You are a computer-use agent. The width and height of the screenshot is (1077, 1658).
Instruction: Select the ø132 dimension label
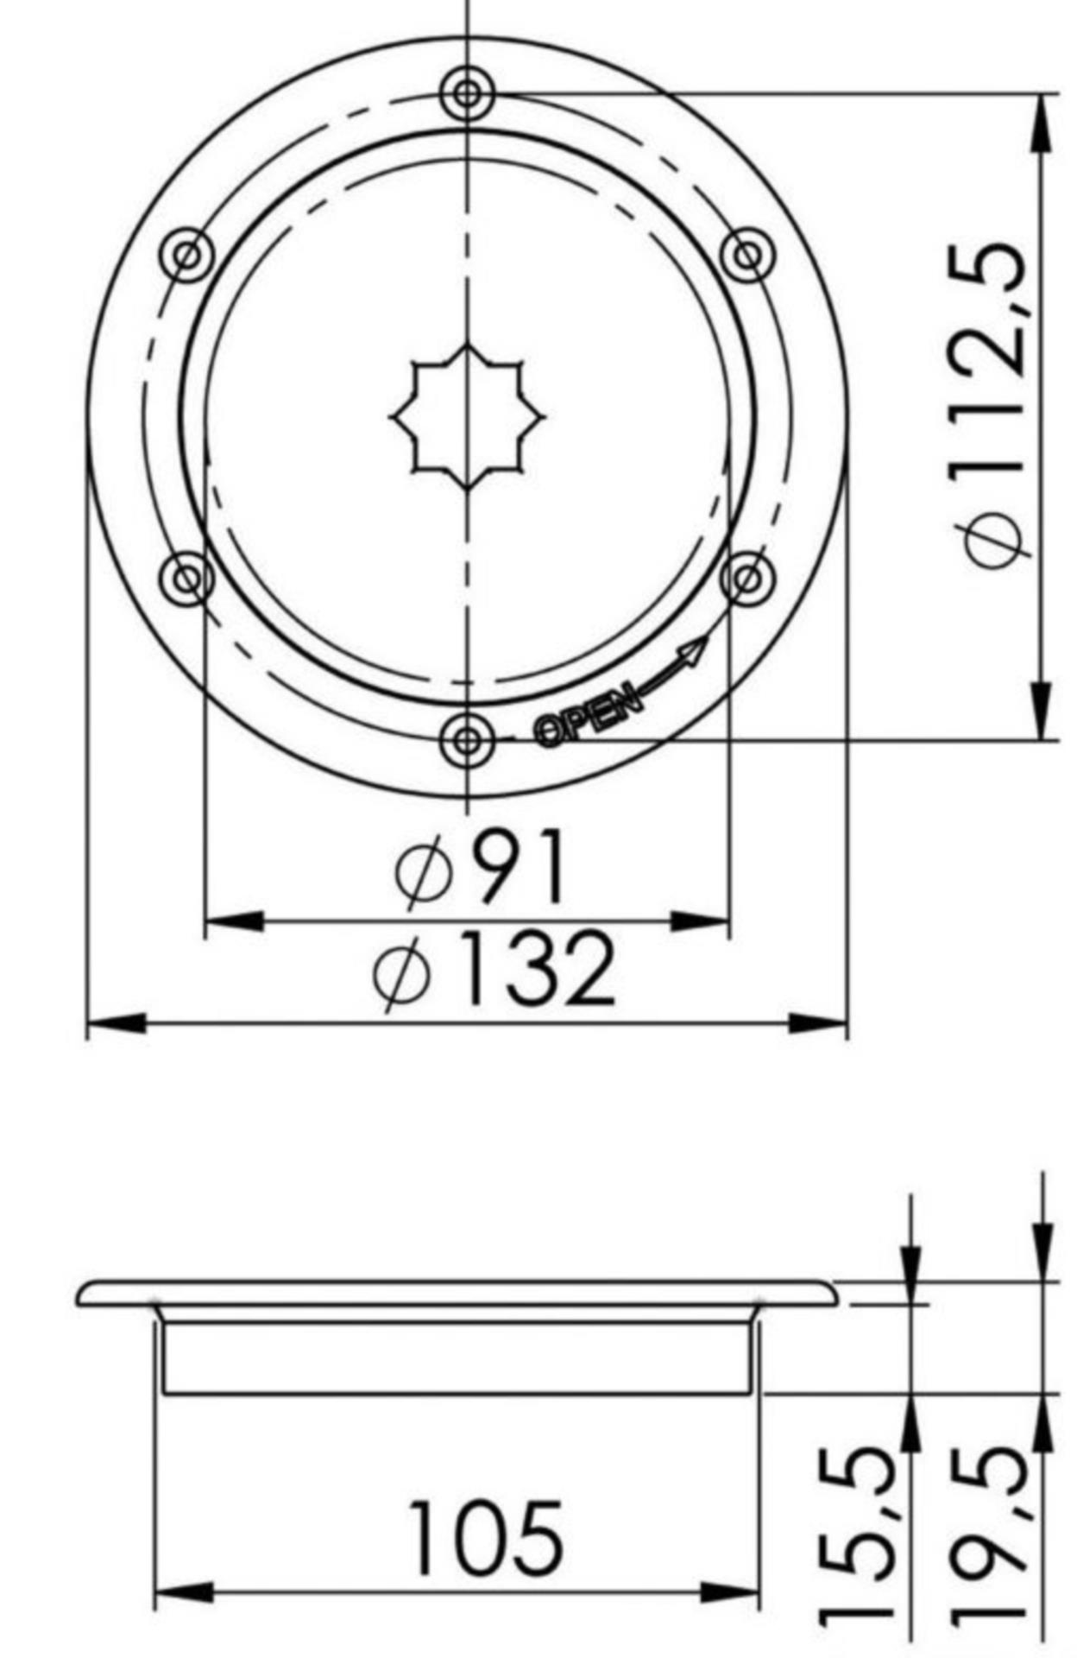tap(495, 969)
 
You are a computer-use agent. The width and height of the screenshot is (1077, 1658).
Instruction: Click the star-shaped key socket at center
tap(467, 417)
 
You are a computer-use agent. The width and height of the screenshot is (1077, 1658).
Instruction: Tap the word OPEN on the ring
tap(589, 715)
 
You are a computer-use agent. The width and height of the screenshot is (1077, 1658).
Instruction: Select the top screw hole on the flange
tap(467, 93)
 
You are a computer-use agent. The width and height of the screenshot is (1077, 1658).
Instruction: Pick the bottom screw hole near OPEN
tap(467, 740)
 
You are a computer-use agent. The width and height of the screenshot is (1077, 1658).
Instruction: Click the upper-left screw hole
tap(187, 255)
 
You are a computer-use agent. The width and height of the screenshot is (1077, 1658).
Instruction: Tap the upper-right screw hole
tap(747, 255)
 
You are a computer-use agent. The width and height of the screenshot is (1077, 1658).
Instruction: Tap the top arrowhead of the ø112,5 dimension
tap(1043, 121)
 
